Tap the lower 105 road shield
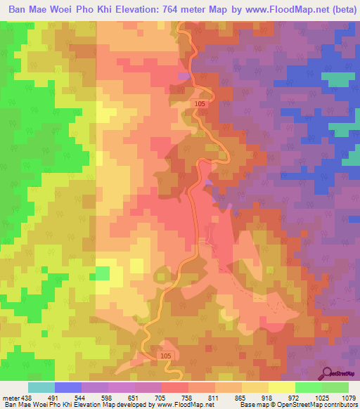click(165, 356)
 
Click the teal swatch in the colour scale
click(41, 387)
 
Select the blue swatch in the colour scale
click(68, 387)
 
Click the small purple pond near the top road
click(184, 75)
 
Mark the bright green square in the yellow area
click(103, 273)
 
